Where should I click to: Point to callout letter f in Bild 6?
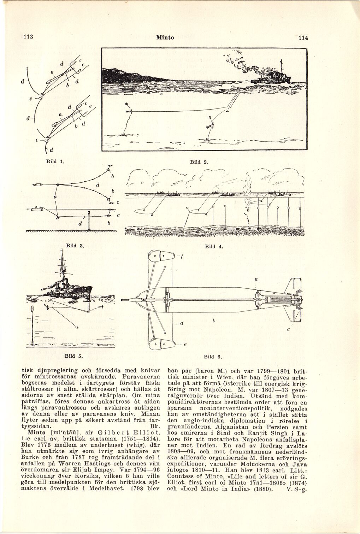click(181, 257)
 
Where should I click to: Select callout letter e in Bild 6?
click(185, 346)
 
